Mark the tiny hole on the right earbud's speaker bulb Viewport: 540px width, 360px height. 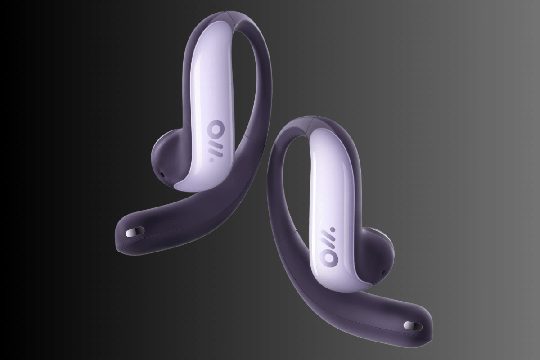(383, 272)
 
